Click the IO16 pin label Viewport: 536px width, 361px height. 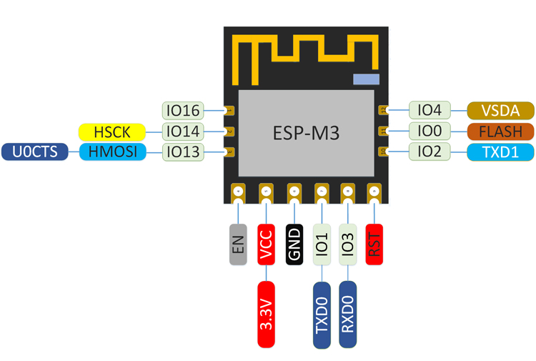(x=183, y=111)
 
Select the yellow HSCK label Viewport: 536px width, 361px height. (x=111, y=132)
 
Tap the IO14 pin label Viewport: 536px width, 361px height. (x=183, y=132)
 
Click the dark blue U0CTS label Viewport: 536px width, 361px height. (x=34, y=152)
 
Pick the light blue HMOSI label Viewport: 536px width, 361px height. (x=111, y=152)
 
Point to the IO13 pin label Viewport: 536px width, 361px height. (x=183, y=152)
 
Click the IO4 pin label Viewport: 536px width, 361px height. (x=430, y=110)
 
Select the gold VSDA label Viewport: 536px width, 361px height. (x=500, y=110)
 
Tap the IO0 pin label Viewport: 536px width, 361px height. (x=430, y=131)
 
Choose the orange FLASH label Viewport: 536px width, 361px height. (x=500, y=131)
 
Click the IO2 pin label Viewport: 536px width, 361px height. (x=430, y=152)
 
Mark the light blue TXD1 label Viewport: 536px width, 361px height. (x=500, y=152)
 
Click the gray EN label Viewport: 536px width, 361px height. (x=238, y=244)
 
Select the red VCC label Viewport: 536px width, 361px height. (x=266, y=244)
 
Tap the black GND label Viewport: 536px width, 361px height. (x=294, y=244)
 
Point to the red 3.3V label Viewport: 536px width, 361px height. (x=266, y=314)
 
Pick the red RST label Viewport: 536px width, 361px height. (x=374, y=244)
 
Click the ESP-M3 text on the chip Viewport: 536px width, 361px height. (x=305, y=133)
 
